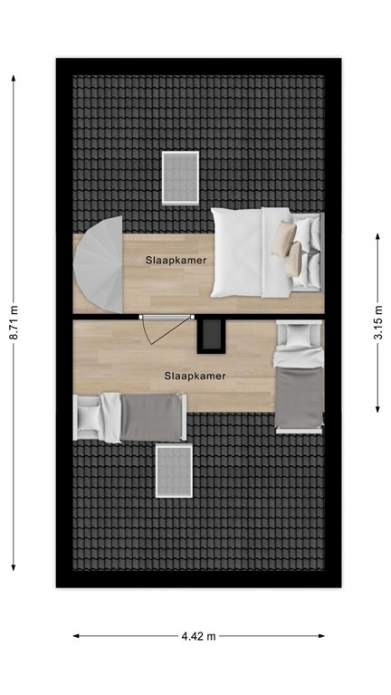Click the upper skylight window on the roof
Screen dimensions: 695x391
[180, 178]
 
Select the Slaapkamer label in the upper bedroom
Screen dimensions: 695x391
[176, 261]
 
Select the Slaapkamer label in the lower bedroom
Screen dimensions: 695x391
[195, 375]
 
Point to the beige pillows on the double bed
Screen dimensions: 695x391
[287, 248]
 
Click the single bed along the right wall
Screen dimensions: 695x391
[299, 377]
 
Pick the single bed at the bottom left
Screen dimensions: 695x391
[131, 416]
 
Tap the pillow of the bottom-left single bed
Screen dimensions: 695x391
[91, 416]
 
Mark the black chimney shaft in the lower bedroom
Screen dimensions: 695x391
[211, 334]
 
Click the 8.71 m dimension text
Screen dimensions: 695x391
[14, 322]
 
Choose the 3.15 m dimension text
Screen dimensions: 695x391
[377, 320]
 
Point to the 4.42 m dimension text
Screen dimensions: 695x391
[198, 636]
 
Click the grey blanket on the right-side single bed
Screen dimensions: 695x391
[299, 393]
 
